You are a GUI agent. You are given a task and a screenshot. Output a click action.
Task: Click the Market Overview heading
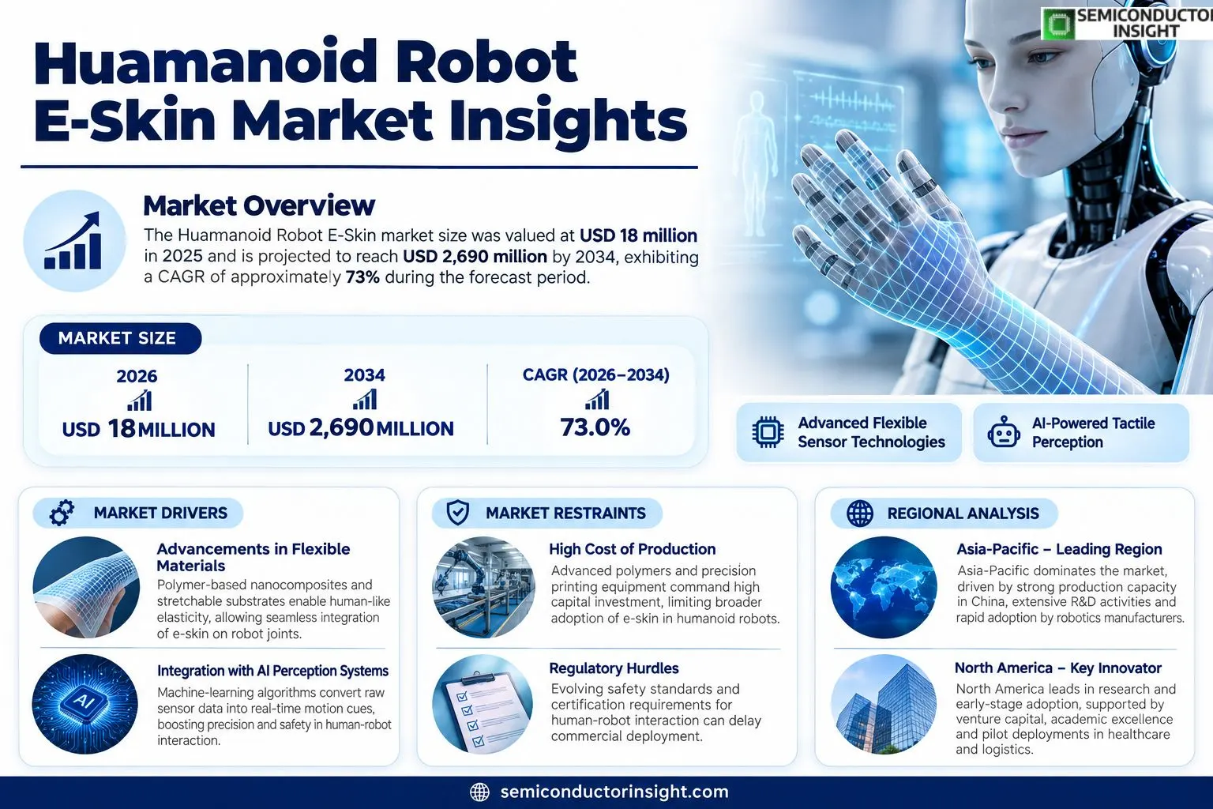tap(259, 206)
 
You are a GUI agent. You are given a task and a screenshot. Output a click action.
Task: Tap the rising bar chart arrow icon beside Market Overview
tap(73, 241)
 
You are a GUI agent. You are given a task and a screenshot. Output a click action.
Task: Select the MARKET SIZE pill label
tap(117, 338)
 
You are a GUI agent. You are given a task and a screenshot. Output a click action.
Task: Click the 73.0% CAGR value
tap(595, 427)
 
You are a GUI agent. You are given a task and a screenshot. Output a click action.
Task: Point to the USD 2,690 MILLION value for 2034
tap(361, 428)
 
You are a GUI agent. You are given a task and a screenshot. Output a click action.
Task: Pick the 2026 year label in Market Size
tap(137, 376)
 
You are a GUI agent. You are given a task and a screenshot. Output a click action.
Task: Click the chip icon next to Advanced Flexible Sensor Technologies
tap(768, 432)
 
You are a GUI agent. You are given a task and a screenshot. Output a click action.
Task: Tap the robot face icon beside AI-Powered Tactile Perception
tap(1004, 432)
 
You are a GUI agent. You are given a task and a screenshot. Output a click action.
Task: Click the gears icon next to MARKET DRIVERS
tap(62, 513)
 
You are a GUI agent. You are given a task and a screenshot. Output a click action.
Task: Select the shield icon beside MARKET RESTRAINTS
tap(457, 513)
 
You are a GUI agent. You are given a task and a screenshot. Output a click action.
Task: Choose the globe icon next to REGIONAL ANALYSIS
tap(860, 514)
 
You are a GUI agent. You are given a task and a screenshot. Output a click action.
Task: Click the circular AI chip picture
tap(85, 704)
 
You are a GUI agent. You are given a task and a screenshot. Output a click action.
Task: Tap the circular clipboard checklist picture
tap(483, 704)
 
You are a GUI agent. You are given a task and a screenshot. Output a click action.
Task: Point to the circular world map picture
tap(884, 587)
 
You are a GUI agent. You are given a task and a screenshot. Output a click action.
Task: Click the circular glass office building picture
tap(884, 704)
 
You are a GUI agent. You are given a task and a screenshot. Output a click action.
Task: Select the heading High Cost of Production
tap(632, 549)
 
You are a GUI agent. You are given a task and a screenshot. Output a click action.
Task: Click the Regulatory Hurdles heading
tap(614, 668)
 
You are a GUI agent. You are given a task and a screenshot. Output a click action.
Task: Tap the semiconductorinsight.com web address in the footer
tap(614, 792)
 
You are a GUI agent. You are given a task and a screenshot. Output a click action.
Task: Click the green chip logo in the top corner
tap(1058, 24)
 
